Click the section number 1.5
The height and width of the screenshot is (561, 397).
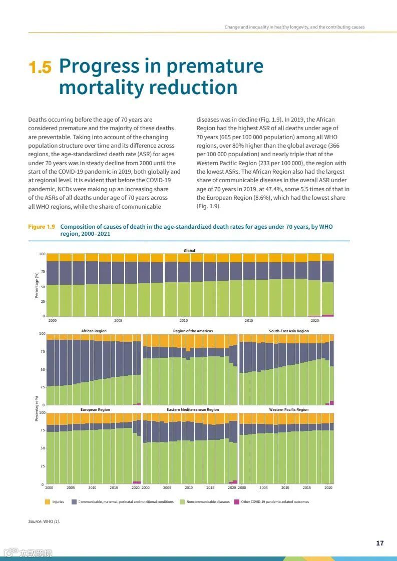pos(40,68)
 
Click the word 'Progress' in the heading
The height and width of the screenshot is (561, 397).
pos(99,66)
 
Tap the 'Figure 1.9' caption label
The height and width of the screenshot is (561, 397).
pos(42,227)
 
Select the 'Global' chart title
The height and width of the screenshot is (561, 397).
pos(189,250)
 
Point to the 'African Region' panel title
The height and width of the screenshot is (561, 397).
pos(94,331)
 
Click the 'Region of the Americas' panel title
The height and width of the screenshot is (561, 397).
pos(193,331)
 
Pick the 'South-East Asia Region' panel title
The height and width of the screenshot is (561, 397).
pos(289,331)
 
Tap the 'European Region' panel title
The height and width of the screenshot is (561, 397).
pos(95,409)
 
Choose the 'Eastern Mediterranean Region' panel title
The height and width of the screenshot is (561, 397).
pos(193,409)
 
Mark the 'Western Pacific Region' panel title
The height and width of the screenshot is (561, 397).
pos(289,409)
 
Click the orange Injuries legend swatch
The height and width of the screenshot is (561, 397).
pos(48,501)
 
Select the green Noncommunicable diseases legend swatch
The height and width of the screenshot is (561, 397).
pos(182,501)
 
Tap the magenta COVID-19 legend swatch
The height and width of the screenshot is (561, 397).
pos(237,501)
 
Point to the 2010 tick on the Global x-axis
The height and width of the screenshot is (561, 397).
pos(184,320)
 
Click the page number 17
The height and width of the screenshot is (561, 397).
pos(380,543)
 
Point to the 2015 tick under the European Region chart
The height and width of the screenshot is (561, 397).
pos(114,487)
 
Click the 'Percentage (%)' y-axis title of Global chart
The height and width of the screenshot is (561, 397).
pos(37,285)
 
